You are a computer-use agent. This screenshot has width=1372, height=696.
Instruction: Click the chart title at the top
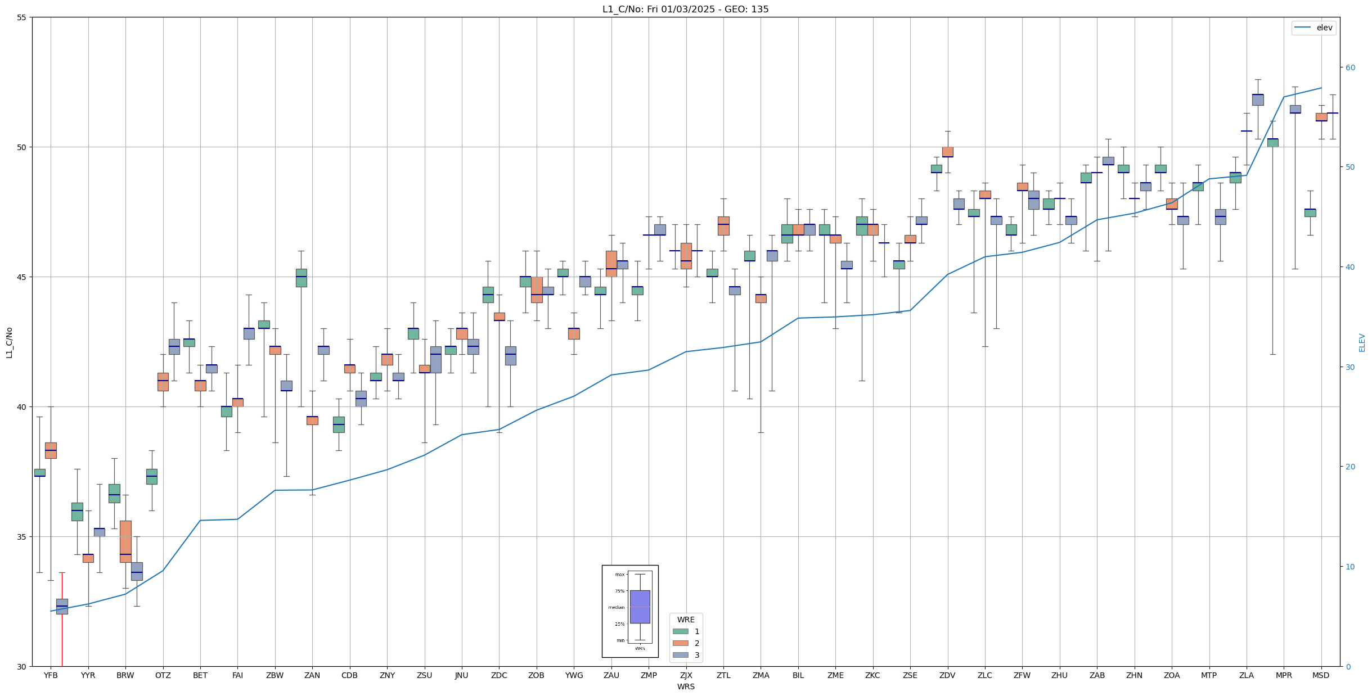[685, 9]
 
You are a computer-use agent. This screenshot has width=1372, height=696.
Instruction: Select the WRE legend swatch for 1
[680, 631]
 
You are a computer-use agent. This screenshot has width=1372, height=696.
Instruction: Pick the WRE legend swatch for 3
[680, 655]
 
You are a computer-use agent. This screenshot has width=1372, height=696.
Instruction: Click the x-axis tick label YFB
[51, 675]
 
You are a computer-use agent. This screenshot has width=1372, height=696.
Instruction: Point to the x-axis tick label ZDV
[947, 675]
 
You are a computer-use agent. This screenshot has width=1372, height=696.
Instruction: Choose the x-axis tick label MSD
[1321, 675]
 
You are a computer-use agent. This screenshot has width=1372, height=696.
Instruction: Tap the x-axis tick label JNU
[461, 675]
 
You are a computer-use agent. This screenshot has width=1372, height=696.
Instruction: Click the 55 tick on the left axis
[22, 17]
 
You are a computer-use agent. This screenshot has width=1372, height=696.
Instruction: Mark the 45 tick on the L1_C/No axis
[22, 277]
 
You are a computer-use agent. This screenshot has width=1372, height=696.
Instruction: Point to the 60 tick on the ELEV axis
[1350, 68]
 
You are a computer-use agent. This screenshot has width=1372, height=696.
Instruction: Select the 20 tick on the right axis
[1350, 467]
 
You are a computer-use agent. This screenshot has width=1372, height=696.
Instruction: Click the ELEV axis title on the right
[1362, 342]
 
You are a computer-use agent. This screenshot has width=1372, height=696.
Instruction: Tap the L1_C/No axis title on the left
[9, 342]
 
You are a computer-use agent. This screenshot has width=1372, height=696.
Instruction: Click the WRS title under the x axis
[686, 686]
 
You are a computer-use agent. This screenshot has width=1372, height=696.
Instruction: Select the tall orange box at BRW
[125, 541]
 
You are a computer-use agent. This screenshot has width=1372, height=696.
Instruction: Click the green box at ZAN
[302, 278]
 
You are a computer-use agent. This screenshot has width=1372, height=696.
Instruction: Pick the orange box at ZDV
[947, 152]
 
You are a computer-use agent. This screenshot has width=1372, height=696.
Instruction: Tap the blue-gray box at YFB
[62, 606]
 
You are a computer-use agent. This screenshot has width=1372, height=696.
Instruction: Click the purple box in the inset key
[640, 607]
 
